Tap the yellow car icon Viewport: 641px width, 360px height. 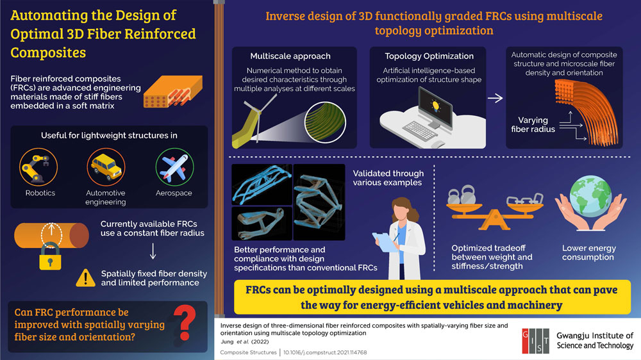106,167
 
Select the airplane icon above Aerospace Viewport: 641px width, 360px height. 174,167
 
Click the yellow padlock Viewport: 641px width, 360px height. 50,256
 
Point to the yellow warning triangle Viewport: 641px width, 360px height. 85,278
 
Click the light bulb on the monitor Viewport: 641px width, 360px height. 435,106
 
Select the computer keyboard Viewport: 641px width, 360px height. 419,130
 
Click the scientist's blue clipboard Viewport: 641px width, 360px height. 385,242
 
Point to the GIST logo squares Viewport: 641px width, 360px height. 535,341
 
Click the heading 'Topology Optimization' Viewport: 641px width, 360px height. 429,56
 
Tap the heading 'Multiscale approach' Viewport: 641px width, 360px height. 290,56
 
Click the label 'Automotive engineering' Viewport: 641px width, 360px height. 106,197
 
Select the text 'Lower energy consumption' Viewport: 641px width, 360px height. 588,252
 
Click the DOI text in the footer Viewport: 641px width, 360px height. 325,352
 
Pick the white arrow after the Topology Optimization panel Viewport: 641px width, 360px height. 495,98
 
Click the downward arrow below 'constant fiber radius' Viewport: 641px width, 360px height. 153,251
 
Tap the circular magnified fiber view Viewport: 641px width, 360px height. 326,122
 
